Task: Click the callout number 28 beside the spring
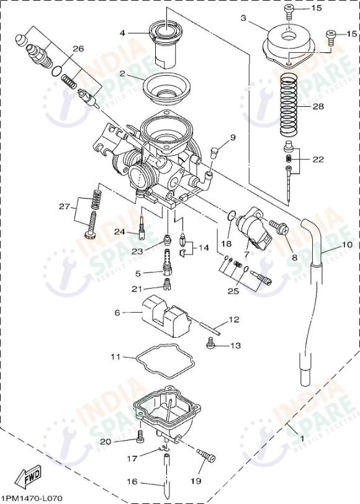(x=318, y=106)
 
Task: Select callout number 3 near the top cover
(x=244, y=19)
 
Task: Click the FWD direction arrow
(x=27, y=478)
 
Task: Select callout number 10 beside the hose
(x=346, y=245)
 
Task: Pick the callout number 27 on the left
(x=64, y=206)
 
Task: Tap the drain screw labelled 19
(x=205, y=456)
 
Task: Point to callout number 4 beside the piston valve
(x=122, y=32)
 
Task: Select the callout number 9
(x=233, y=137)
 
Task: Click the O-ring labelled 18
(x=232, y=216)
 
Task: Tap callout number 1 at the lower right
(x=302, y=438)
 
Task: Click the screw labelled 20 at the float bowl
(x=140, y=439)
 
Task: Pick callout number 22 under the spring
(x=318, y=160)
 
